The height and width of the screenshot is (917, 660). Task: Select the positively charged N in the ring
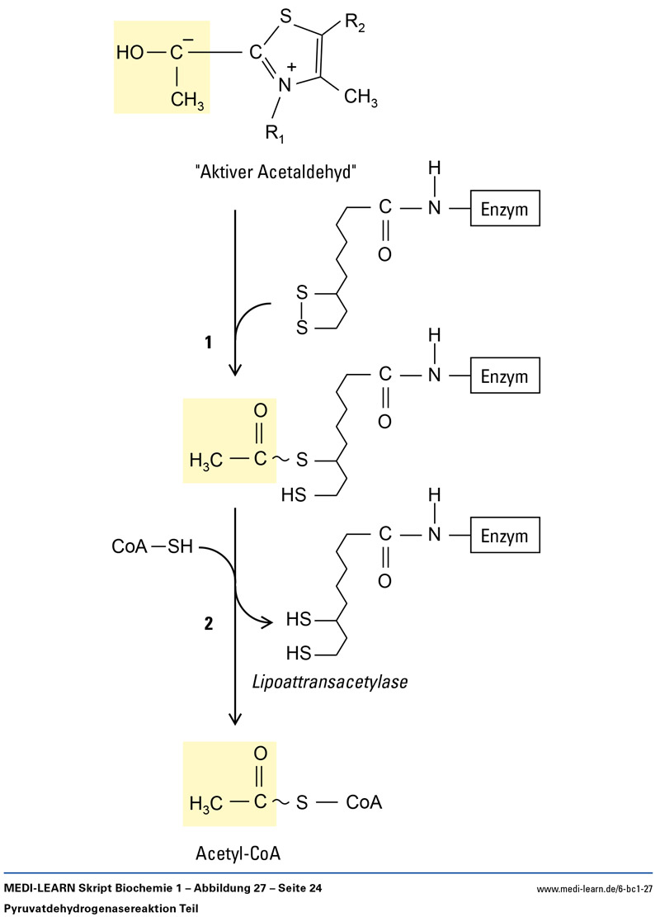click(285, 83)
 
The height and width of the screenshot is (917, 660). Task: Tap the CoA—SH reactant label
click(152, 546)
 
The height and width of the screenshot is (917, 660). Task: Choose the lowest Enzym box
click(505, 536)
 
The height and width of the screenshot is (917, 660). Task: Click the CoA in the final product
click(364, 802)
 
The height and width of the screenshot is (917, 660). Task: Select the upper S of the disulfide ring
click(303, 293)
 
